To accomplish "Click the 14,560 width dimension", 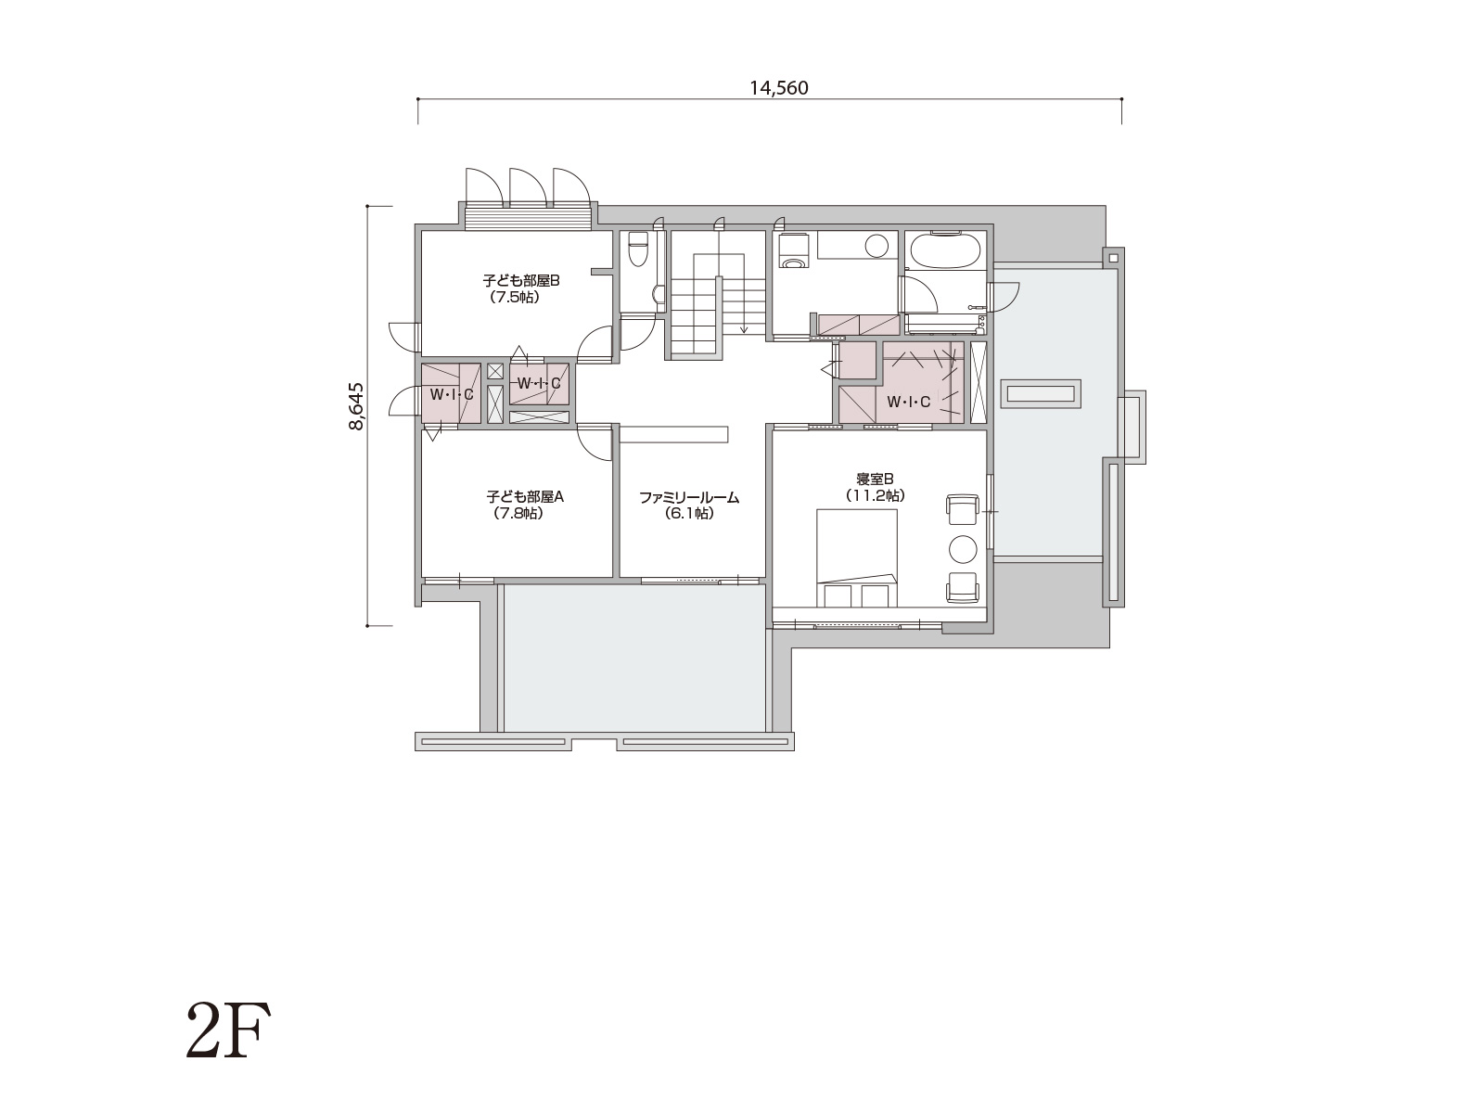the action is [x=779, y=88].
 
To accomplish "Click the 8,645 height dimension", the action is [x=356, y=406].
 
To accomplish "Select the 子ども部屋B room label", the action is [x=521, y=280].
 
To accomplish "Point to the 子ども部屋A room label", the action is [x=525, y=497].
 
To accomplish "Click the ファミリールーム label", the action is [x=689, y=498].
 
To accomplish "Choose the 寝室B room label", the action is [x=875, y=480].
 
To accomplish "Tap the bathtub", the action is [x=945, y=251].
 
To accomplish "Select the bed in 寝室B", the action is [x=857, y=558].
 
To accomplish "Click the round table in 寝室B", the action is [x=963, y=549].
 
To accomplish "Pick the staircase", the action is [x=718, y=295].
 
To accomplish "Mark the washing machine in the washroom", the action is [x=792, y=251].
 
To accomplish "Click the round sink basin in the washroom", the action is [x=876, y=246].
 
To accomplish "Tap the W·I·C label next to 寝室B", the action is [x=908, y=403].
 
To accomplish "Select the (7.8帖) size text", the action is [x=518, y=513].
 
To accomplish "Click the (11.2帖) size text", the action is [x=875, y=495].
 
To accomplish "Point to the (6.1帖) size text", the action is [x=689, y=514].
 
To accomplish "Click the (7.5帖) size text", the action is [x=515, y=297].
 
